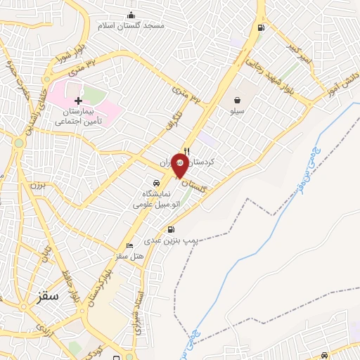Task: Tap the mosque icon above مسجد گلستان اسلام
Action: [x=131, y=15]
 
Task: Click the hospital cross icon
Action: [x=78, y=101]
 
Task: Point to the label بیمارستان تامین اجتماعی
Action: [x=79, y=117]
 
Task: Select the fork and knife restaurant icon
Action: [x=186, y=151]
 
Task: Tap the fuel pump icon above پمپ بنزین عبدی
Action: [x=170, y=229]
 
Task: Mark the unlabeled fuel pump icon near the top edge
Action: [x=262, y=28]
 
